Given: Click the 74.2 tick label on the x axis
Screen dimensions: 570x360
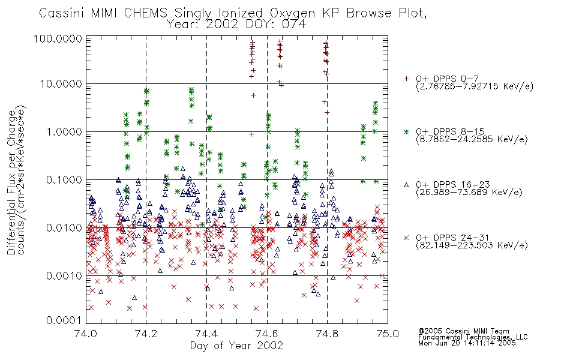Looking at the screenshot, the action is (146, 333).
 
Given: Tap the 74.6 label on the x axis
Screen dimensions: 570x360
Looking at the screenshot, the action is (267, 333).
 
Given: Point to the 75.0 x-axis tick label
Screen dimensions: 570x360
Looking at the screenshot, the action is (388, 333).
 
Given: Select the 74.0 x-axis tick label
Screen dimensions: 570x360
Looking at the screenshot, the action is (86, 333).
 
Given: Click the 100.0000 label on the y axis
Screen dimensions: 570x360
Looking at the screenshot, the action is (58, 38).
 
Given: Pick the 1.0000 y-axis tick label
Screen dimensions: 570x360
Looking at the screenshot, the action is (64, 131).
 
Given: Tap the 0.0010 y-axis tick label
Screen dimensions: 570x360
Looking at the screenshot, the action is (64, 275).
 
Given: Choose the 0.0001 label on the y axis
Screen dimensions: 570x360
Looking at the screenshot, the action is (64, 320).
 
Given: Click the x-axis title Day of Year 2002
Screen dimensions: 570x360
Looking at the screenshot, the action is (236, 346).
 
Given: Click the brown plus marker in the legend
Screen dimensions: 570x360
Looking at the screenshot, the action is (406, 79).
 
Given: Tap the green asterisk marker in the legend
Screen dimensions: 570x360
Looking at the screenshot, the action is (406, 131).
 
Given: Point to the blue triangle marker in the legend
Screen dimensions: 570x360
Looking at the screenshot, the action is (406, 185).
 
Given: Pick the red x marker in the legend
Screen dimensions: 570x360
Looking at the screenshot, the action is (406, 238).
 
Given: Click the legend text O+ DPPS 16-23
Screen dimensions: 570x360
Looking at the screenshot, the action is (453, 184).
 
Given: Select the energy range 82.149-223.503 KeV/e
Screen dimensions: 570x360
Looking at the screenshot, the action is (472, 245).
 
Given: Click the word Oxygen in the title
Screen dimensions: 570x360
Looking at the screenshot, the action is (292, 13).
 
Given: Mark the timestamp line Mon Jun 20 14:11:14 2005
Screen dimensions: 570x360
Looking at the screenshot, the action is (467, 343).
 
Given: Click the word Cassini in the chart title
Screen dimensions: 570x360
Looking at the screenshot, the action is (62, 13).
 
